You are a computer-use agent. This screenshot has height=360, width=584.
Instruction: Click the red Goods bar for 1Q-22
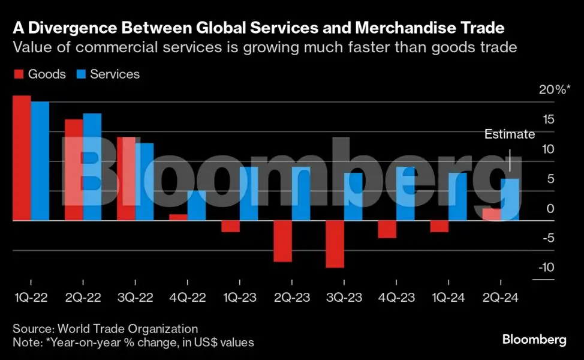(x=22, y=158)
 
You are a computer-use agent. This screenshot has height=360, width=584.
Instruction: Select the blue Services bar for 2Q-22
(x=92, y=167)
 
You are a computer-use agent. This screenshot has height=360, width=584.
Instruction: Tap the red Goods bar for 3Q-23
(x=335, y=244)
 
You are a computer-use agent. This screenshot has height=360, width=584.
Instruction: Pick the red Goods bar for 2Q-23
(x=282, y=241)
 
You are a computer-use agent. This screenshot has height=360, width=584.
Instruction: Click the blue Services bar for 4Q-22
(x=197, y=206)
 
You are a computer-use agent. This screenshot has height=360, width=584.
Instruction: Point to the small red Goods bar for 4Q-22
(x=179, y=217)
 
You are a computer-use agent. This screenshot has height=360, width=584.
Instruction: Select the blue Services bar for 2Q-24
(x=510, y=200)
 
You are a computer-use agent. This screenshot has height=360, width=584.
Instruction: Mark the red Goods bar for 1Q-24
(x=439, y=226)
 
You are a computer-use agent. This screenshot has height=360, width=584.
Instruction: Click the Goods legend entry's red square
(x=19, y=74)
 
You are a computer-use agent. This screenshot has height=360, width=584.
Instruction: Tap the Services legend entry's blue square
(x=81, y=74)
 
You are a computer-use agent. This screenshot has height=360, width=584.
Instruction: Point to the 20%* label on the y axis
(x=555, y=89)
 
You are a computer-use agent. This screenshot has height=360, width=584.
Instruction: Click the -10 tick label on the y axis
(x=546, y=267)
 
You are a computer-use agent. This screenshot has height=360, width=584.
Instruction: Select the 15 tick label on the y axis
(x=548, y=119)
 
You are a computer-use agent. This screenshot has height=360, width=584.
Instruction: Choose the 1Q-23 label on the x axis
(x=240, y=298)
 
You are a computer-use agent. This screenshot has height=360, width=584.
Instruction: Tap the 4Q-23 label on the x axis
(x=396, y=298)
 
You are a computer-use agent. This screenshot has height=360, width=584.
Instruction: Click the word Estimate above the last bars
(x=510, y=134)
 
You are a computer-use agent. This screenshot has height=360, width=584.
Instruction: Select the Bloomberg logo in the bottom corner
(x=534, y=340)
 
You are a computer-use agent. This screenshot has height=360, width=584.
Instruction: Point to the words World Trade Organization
(x=128, y=329)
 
